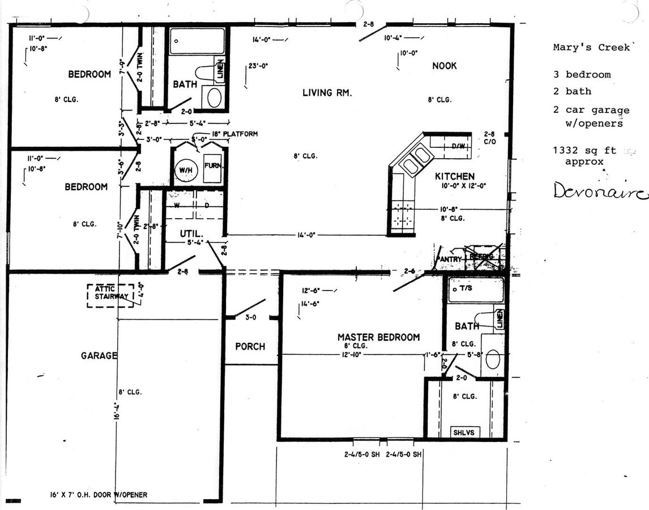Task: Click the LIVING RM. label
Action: point(327,92)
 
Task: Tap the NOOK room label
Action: point(444,66)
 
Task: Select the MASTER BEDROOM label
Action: point(378,337)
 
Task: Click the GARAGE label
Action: point(99,355)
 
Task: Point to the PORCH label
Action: point(250,346)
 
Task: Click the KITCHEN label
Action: point(455,176)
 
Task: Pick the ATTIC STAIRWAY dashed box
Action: point(110,295)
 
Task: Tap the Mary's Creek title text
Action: point(591,48)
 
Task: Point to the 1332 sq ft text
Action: point(584,151)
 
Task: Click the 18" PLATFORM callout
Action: point(234,134)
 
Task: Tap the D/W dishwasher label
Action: point(458,146)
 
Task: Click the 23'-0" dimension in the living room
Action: point(258,66)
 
